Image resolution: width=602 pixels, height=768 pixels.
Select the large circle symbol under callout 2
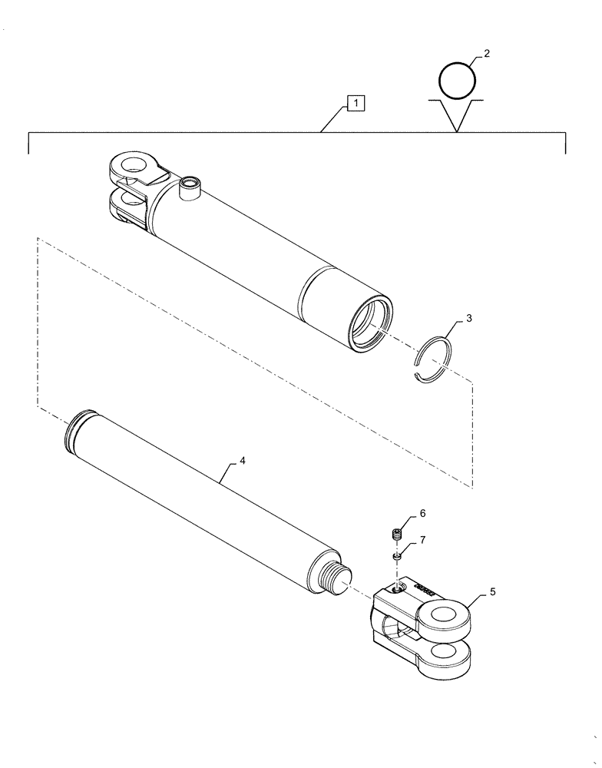[x=458, y=78]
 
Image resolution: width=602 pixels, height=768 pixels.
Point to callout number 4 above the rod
[x=243, y=461]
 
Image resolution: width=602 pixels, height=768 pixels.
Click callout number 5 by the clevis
[x=492, y=592]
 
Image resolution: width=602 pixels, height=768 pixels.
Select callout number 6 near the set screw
[x=422, y=513]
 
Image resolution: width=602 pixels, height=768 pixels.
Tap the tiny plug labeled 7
[x=397, y=555]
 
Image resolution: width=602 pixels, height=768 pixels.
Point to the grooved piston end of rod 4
[x=78, y=428]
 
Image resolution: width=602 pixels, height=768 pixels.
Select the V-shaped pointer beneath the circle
[x=458, y=115]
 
